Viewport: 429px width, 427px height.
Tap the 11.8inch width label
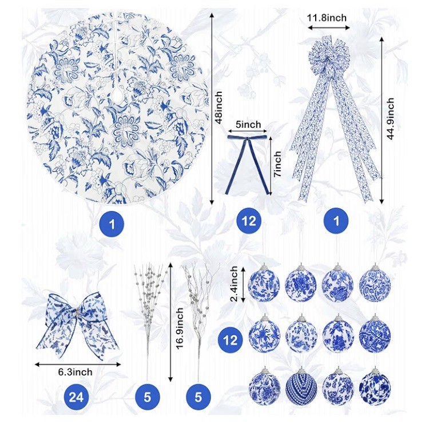coord(327,18)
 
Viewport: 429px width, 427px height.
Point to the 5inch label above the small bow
coord(248,124)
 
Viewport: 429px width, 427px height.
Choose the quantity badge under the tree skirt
coord(113,224)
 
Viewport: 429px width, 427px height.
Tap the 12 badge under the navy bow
coord(249,221)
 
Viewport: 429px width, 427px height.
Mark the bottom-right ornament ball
coord(375,387)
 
